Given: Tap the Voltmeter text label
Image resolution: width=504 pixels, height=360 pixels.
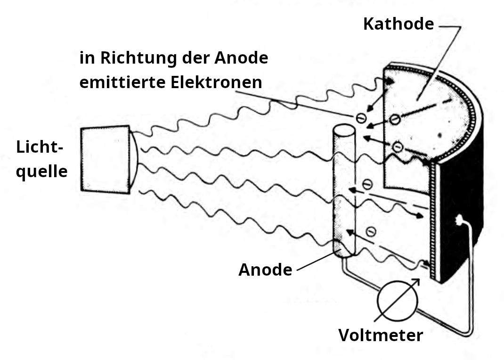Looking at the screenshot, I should (381, 335).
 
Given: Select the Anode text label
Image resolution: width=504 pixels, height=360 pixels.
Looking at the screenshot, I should (265, 270).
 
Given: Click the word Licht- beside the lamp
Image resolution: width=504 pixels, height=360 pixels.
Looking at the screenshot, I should (40, 147).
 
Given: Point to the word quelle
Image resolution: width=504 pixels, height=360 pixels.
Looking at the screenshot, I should (42, 171).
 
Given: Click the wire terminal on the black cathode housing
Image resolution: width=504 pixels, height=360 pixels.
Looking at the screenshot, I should (458, 219).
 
